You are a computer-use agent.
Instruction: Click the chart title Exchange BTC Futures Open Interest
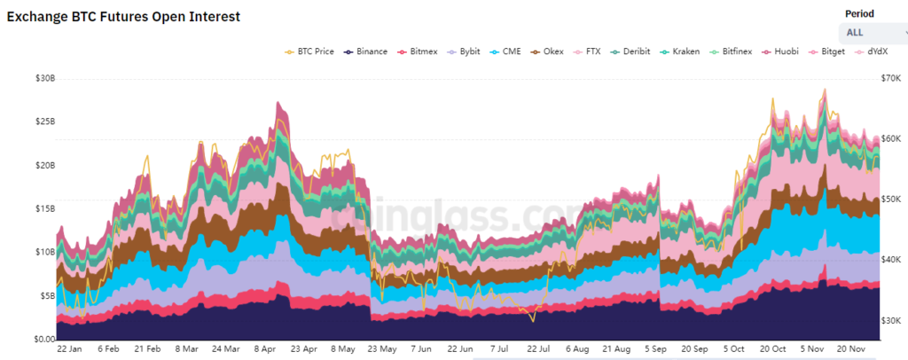(123, 16)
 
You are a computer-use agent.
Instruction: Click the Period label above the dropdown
(859, 14)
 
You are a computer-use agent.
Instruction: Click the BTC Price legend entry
(309, 51)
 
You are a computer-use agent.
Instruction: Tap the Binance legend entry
(365, 51)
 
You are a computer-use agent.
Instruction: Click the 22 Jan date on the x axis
(71, 349)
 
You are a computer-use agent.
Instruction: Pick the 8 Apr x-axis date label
(266, 349)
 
